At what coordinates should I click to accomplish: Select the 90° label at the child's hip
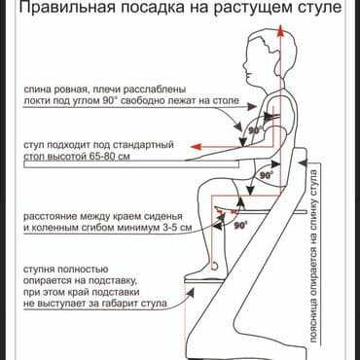tap(266, 176)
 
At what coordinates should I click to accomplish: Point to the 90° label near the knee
tap(239, 225)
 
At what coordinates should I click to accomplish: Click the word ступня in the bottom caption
tap(42, 266)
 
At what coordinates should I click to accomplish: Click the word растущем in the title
tap(242, 12)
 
